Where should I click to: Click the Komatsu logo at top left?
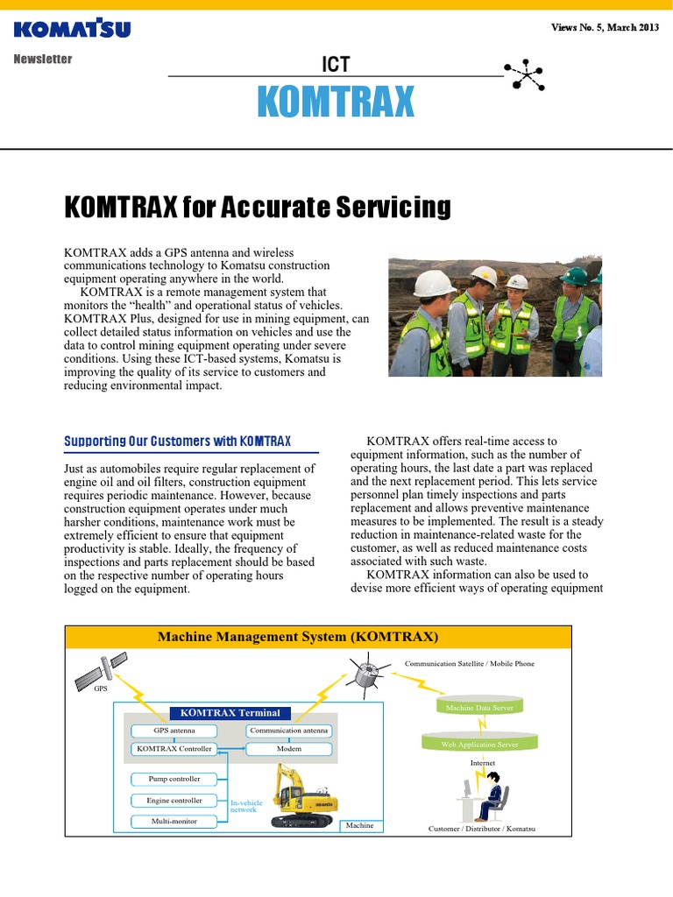pyautogui.click(x=72, y=29)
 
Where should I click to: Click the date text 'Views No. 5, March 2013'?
pyautogui.click(x=605, y=28)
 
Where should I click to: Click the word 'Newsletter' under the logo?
pyautogui.click(x=43, y=60)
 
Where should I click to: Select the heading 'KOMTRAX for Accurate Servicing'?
pyautogui.click(x=258, y=208)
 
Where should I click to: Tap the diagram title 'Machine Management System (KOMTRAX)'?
pyautogui.click(x=298, y=637)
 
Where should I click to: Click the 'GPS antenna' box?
pyautogui.click(x=174, y=731)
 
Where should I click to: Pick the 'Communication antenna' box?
pyautogui.click(x=289, y=731)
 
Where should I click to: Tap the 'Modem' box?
pyautogui.click(x=289, y=749)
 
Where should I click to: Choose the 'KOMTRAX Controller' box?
pyautogui.click(x=174, y=749)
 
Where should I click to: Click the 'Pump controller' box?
pyautogui.click(x=174, y=779)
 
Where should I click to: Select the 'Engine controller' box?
pyautogui.click(x=174, y=801)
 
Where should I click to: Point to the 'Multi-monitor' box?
pyautogui.click(x=174, y=822)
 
